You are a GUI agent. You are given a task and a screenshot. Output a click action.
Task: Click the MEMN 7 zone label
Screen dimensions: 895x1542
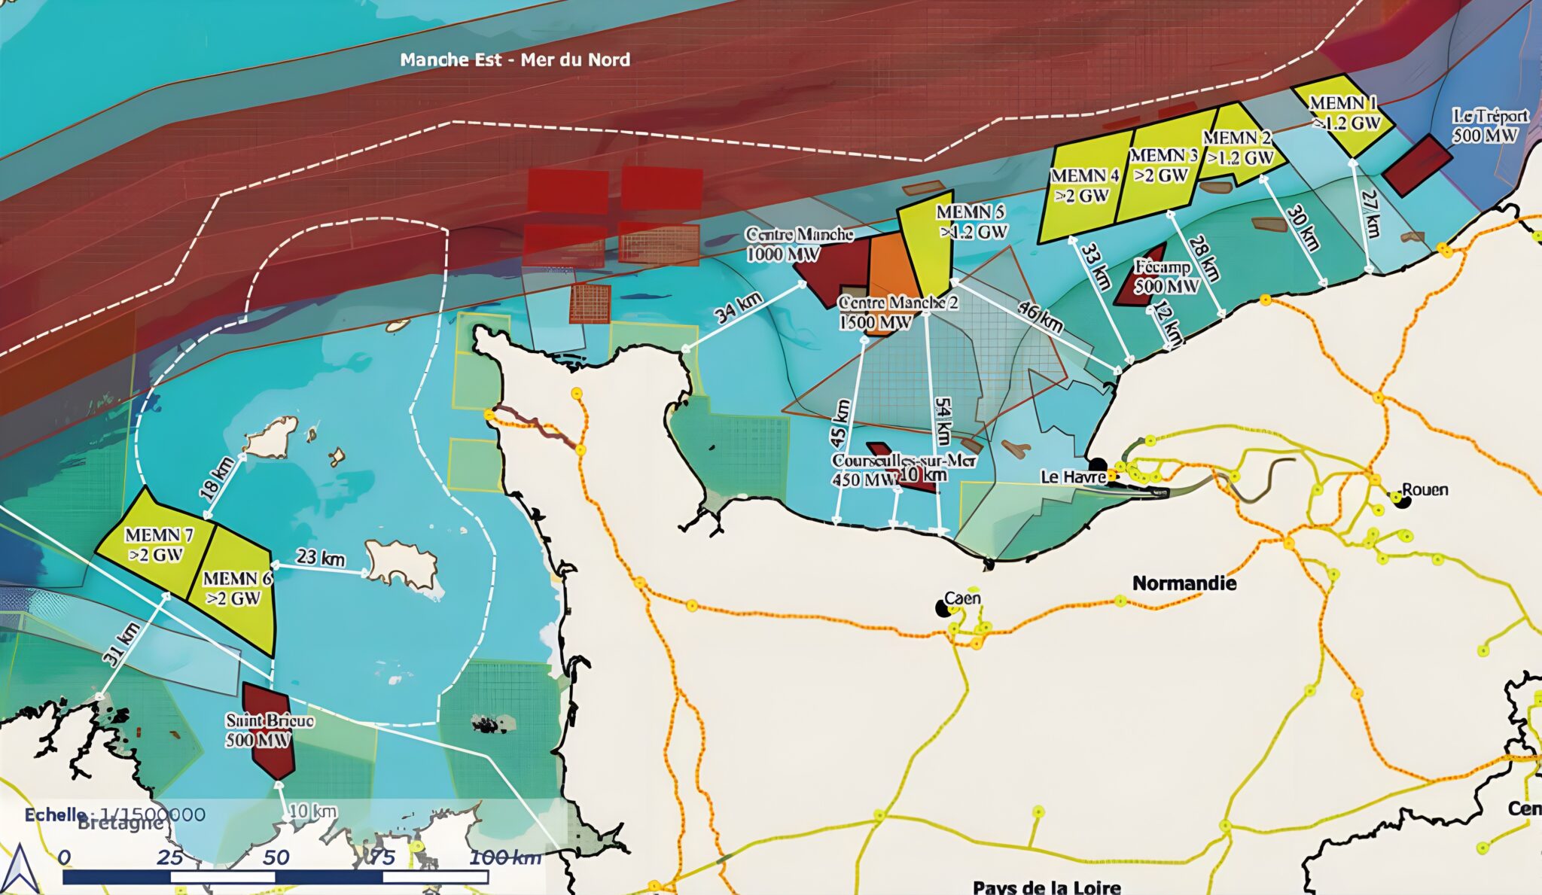coord(159,544)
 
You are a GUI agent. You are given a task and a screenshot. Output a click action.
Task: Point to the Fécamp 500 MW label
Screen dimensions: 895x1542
coord(1166,276)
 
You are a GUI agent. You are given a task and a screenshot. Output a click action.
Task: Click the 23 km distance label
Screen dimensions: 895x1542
coord(320,558)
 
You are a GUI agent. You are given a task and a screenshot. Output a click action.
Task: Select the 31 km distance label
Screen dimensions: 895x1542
coord(121,644)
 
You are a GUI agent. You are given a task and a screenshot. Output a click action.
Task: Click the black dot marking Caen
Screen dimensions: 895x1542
coord(941,607)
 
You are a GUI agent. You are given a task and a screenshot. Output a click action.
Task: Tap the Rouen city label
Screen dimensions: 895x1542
coord(1425,490)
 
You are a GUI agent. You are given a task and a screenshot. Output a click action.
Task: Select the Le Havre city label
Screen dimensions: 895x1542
coord(1073,476)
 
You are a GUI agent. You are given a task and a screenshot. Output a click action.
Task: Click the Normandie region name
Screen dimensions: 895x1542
coord(1184,583)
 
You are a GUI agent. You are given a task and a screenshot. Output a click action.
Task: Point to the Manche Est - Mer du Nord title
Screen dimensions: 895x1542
coord(515,60)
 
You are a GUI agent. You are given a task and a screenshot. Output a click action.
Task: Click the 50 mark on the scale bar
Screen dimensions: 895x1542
coord(276,857)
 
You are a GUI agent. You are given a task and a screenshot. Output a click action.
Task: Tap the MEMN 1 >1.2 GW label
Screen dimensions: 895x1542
coord(1345,112)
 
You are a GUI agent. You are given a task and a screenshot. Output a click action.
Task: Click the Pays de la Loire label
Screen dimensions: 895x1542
coord(1046,887)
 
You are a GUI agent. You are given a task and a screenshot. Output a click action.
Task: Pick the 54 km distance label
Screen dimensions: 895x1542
coord(942,421)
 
